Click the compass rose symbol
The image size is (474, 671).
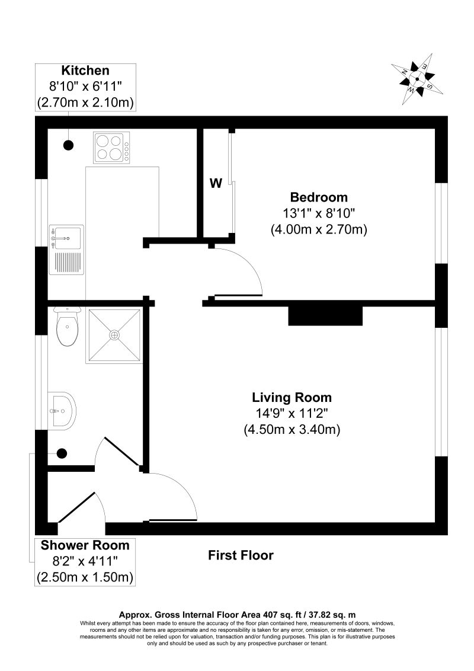point(417,79)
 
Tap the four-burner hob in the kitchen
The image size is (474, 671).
point(112,147)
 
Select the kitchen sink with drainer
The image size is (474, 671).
point(67,249)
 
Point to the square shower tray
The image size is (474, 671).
point(114,335)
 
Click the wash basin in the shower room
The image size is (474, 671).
point(62,409)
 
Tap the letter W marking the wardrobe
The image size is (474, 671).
point(216,184)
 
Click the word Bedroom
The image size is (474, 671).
point(319,197)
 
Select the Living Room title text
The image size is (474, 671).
point(292,397)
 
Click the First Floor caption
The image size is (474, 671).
point(241,555)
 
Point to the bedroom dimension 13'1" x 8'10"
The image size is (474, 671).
point(319,213)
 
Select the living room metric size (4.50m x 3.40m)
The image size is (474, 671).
point(292,430)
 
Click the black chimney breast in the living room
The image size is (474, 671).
point(325,316)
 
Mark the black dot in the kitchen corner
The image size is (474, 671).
point(69,143)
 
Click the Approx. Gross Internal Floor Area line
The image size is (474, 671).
point(237,615)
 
